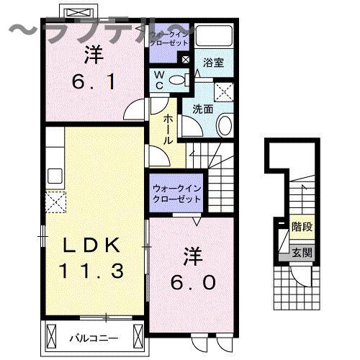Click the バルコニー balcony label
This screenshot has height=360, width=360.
coord(94,336)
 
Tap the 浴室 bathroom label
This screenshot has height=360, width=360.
coord(214,63)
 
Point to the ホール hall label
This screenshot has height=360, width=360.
coord(168,130)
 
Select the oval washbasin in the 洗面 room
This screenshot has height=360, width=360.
coord(224,126)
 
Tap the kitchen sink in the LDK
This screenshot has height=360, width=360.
coord(55,177)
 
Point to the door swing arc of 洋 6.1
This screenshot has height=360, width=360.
coord(133,109)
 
